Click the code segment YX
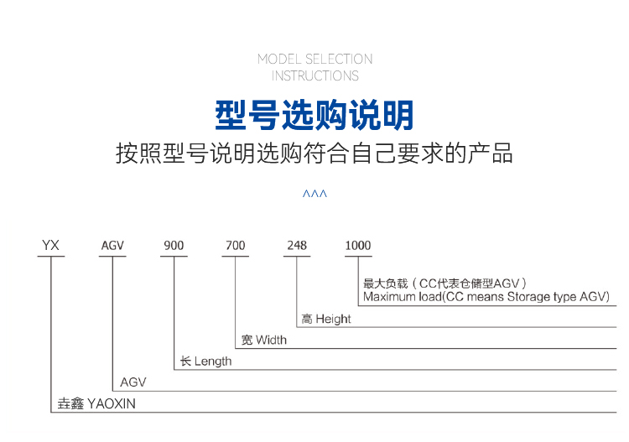50,245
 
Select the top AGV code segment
112,246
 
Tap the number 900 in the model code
174,246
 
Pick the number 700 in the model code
236,246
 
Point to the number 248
297,246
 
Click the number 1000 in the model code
358,246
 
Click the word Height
333,319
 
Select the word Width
271,341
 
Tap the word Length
213,361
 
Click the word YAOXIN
112,403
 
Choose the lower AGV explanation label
133,382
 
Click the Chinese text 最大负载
386,283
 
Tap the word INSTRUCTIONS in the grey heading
314,75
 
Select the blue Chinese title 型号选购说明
314,116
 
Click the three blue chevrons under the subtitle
314,194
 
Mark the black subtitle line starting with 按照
314,153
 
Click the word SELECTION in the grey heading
339,59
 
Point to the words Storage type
542,297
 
